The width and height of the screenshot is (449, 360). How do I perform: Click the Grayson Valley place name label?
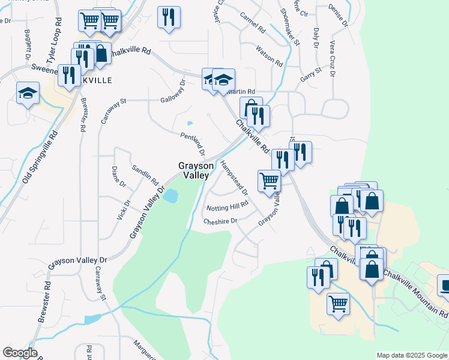(193, 170)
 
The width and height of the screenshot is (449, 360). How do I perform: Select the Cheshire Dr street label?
(220, 221)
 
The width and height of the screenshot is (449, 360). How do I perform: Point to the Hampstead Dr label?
(234, 178)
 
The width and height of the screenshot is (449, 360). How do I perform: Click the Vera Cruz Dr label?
(332, 55)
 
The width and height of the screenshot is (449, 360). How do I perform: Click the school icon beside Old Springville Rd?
(28, 93)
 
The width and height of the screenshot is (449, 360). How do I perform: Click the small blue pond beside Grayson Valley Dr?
(170, 196)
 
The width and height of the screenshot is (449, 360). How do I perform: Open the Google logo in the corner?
(20, 353)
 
